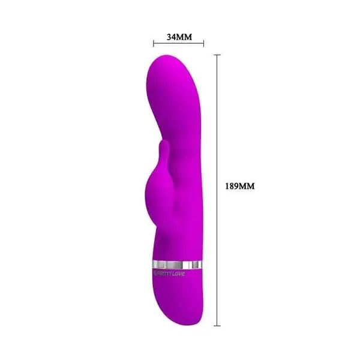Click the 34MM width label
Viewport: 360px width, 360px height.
pos(179,37)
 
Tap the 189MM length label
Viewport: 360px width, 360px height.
pos(239,187)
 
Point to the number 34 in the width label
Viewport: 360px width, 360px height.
pos(172,37)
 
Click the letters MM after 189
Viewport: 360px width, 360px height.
pos(247,187)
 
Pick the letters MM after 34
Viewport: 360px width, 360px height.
pos(184,37)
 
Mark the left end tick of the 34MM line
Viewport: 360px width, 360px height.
pos(154,43)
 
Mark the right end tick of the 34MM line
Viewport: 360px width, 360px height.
pos(204,43)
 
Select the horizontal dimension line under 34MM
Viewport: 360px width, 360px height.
pos(179,43)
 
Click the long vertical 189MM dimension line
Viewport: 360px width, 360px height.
pos(217,240)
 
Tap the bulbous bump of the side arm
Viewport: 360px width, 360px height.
pos(155,189)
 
